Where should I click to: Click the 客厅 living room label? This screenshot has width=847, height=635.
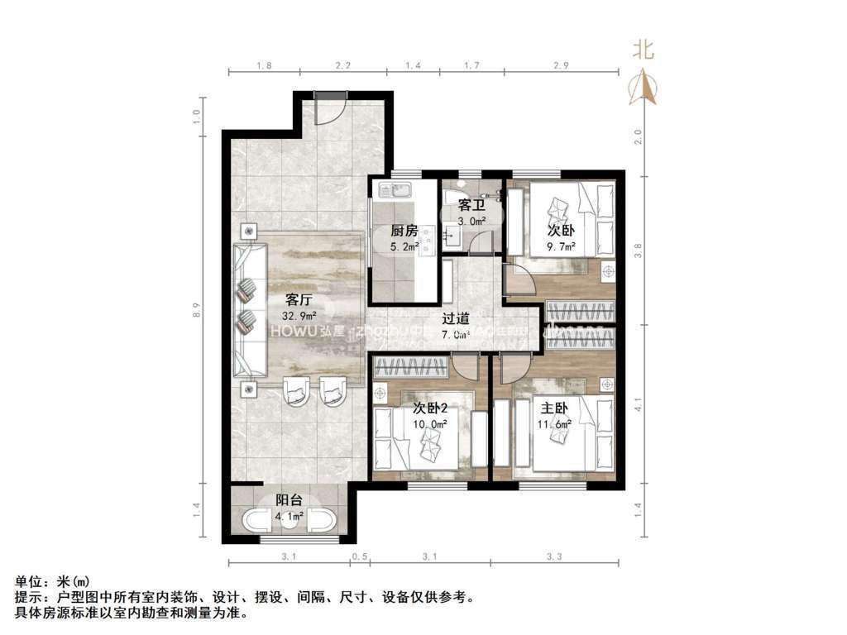pos(299,298)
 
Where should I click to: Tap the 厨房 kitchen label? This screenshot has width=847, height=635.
pos(403,232)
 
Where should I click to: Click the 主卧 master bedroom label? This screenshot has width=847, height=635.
pos(555,408)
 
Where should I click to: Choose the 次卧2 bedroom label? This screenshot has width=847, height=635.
pos(430,408)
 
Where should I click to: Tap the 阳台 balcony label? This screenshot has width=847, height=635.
pos(289,500)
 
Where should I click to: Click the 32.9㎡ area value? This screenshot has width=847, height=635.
pos(299,315)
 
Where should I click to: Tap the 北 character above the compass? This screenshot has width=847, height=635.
pos(644,50)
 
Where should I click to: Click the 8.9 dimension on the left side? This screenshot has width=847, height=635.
pos(196,311)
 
